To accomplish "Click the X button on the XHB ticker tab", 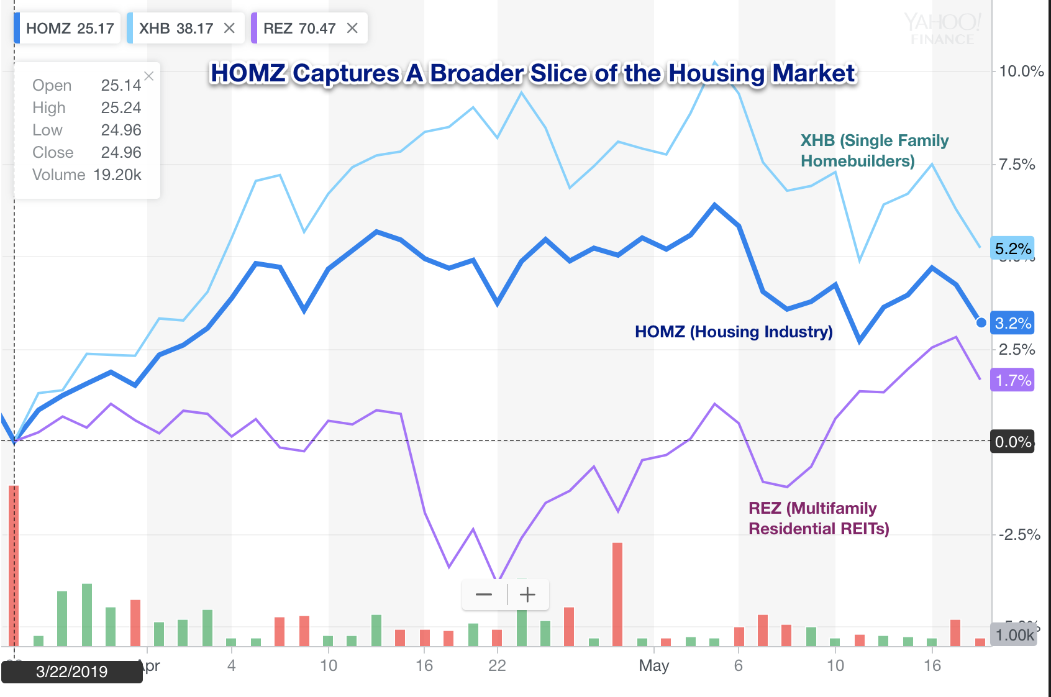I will [229, 29].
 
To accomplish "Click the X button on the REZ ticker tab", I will [352, 29].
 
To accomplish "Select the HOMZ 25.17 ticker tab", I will [69, 29].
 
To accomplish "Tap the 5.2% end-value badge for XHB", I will [1012, 248].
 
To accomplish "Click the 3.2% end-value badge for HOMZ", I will [1012, 323].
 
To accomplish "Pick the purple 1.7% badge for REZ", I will [1012, 380].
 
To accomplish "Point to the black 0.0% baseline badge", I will [1012, 442].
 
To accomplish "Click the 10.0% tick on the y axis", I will [1021, 71].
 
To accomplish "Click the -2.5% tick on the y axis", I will [1019, 534].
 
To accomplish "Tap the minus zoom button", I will [484, 594].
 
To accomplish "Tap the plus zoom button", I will [527, 594].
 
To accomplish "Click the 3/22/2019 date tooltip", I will [71, 672].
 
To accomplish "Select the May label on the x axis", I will [653, 665].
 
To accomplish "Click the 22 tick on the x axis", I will [497, 665].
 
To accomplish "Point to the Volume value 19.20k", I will [117, 175].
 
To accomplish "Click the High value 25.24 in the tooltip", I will [121, 107].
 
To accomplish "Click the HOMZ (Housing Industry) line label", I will [733, 332].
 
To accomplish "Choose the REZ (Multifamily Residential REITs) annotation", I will [818, 518].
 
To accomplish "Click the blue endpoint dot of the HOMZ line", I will [981, 322].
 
